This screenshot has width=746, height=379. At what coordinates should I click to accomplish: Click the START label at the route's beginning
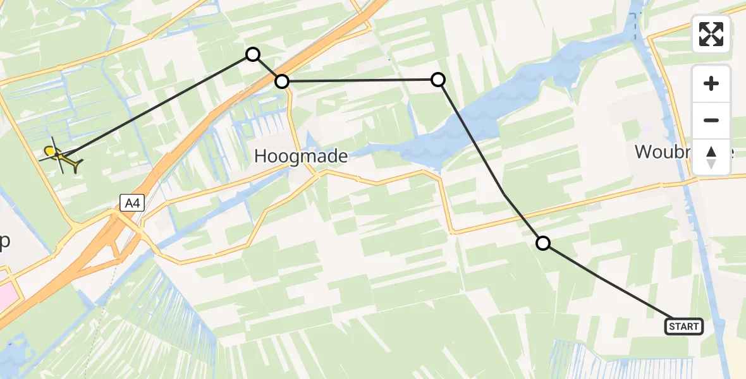click(683, 327)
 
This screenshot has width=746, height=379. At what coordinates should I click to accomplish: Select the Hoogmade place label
click(301, 156)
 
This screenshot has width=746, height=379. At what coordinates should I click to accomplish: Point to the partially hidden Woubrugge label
click(664, 152)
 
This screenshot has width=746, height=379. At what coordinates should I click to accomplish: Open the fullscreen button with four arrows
click(711, 34)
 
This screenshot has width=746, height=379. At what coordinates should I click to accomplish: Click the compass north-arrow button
click(711, 156)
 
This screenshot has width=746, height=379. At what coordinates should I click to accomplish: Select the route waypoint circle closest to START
click(543, 243)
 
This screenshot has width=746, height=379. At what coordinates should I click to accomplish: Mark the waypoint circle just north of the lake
click(438, 80)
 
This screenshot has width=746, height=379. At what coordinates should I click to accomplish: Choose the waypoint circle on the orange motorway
click(282, 81)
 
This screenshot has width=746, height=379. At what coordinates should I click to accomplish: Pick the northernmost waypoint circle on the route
click(253, 54)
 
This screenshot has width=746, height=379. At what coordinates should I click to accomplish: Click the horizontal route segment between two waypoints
click(360, 80)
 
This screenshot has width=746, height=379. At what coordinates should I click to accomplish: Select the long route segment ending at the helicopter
click(158, 104)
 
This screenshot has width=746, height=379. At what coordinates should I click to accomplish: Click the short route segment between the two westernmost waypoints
click(267, 68)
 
